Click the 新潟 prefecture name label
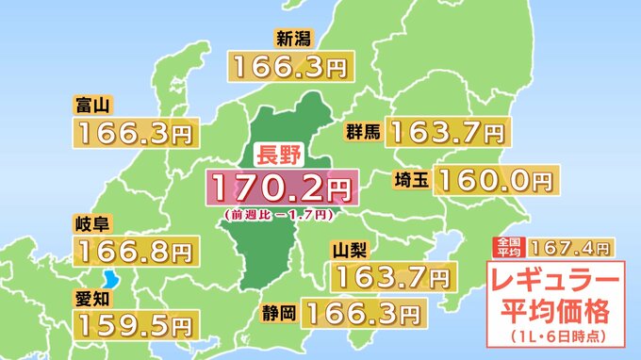[293, 39]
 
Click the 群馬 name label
[362, 131]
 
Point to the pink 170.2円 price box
[282, 188]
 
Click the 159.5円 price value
[135, 324]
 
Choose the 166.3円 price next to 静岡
[362, 310]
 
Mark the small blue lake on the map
[112, 279]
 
